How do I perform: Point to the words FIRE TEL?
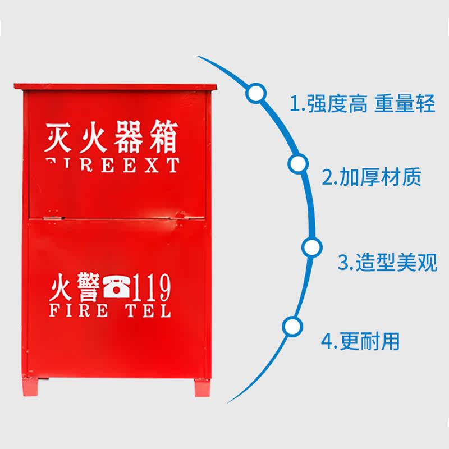pos(110,310)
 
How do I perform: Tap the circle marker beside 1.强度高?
pos(256,93)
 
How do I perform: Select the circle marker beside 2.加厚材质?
pos(298,164)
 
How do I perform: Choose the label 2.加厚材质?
pos(371,177)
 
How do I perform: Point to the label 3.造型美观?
pos(387,262)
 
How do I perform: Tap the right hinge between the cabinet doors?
pos(181,214)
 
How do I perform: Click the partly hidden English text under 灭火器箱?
pos(112,166)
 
